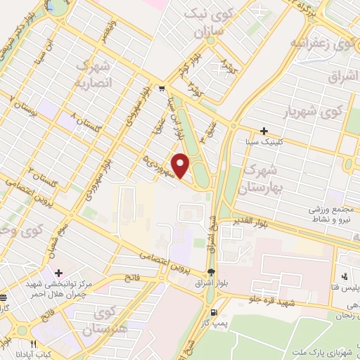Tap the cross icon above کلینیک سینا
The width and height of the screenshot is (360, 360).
click(x=264, y=131)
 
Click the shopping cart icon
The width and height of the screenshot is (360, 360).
click(x=162, y=89)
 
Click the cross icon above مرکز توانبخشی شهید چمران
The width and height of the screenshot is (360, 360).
click(x=58, y=273)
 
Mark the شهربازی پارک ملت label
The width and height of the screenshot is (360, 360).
click(x=331, y=350)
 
